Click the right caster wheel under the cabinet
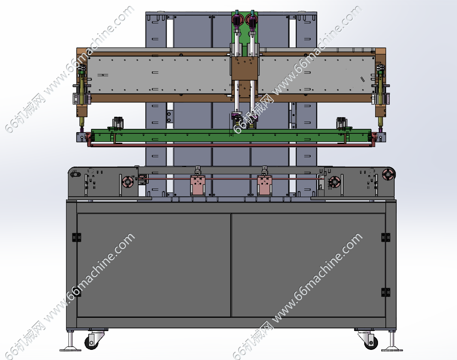click(371, 342)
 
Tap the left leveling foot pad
click(70, 349)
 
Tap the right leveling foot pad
click(392, 349)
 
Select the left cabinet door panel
click(154, 265)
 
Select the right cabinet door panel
click(308, 265)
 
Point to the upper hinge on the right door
click(386, 238)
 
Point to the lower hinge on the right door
click(386, 292)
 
